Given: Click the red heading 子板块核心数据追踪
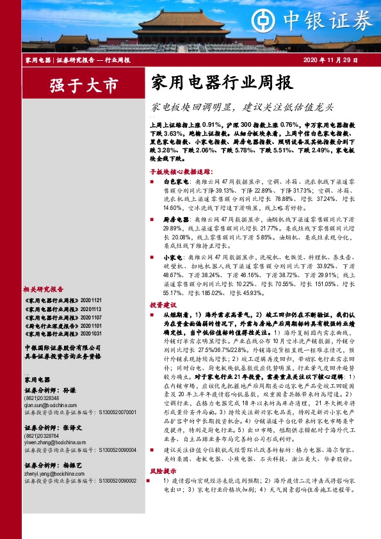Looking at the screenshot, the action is coord(180,172).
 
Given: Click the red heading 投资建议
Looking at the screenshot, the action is coord(160,305).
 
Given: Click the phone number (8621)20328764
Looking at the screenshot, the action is coord(41,435).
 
